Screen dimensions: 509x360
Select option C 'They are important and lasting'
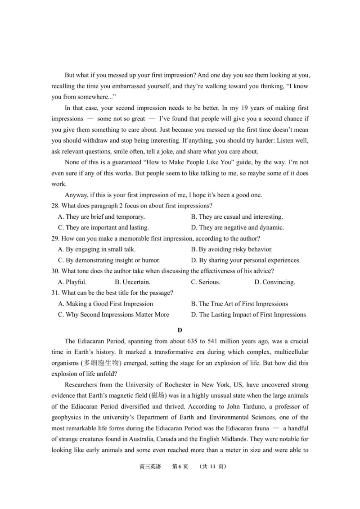103,228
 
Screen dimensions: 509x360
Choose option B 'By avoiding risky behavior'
231,249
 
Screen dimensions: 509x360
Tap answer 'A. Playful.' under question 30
72,282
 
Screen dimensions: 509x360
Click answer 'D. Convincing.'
274,282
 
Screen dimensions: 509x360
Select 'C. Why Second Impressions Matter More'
113,315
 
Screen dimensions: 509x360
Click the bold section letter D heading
180,330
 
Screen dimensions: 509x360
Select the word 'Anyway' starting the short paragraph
76,195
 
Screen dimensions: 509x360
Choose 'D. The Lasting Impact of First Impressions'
248,315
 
